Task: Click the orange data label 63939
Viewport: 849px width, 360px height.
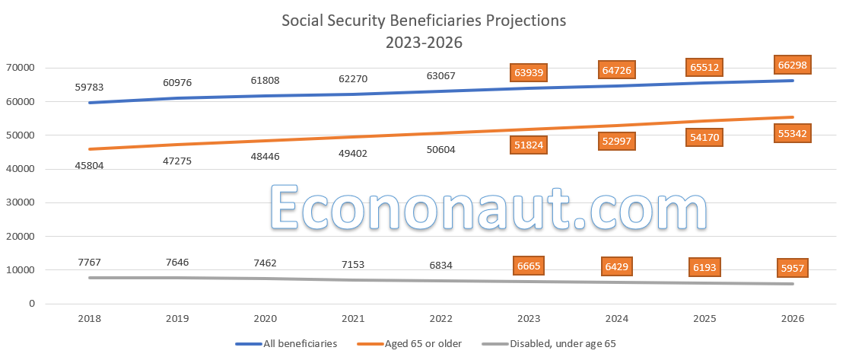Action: coord(531,73)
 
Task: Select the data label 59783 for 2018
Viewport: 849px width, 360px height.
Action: coord(89,88)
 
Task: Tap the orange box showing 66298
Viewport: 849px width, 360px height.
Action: coord(791,65)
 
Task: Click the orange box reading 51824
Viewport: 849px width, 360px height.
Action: coord(531,145)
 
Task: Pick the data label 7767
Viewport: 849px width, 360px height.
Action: coord(89,263)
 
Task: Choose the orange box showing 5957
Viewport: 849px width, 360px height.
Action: coord(791,269)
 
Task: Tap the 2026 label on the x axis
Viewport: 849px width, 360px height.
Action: coord(791,319)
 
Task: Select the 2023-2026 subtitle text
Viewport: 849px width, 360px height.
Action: coord(424,43)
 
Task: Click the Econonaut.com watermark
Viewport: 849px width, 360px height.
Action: coord(488,206)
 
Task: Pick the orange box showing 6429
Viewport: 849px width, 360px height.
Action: coord(617,267)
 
